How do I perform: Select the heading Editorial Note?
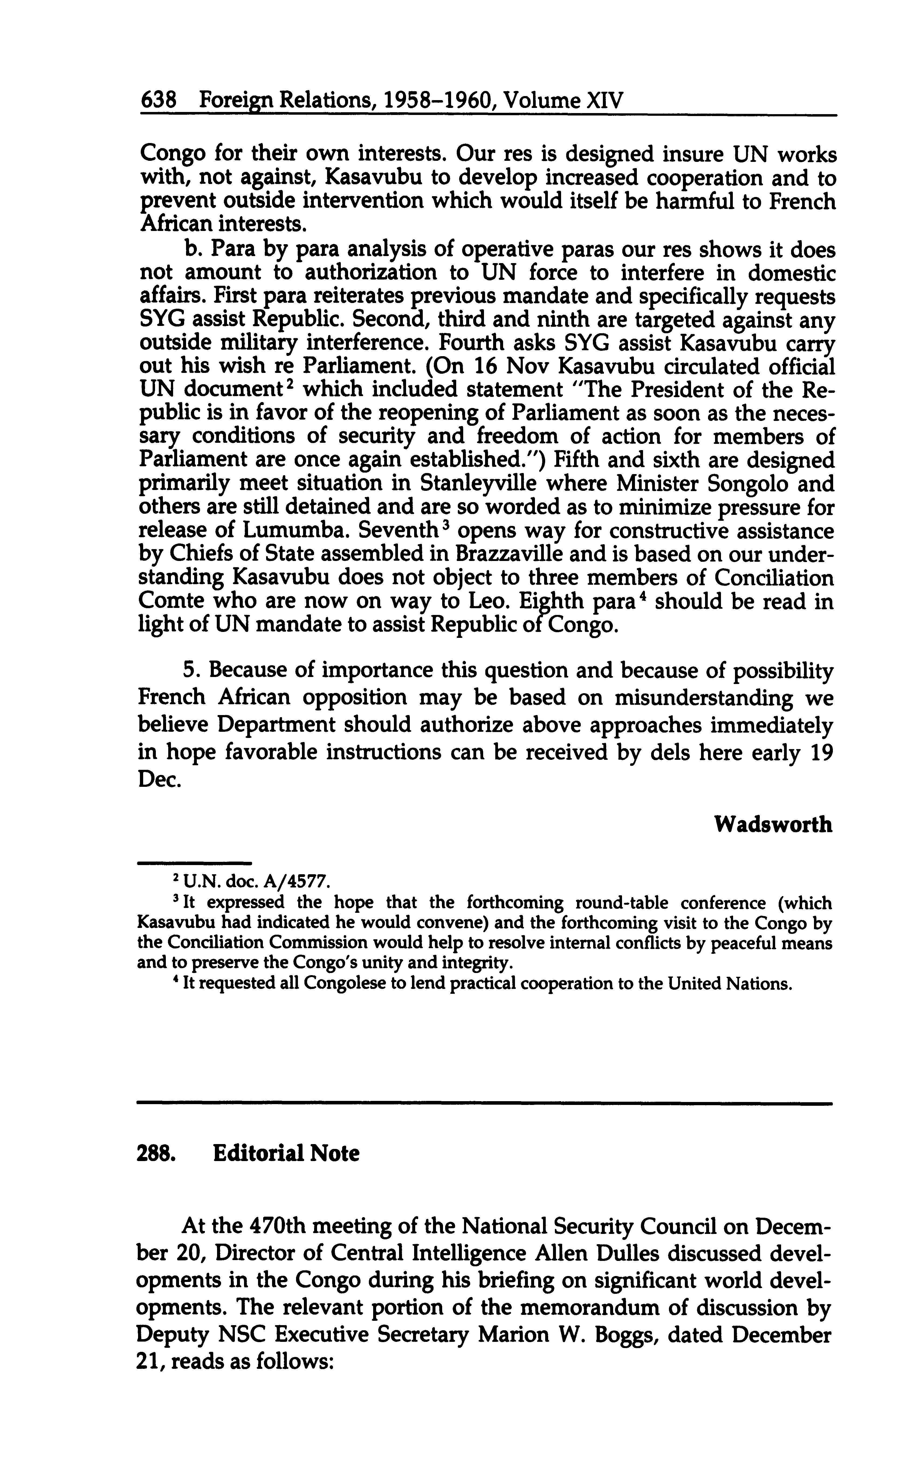pos(286,1154)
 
